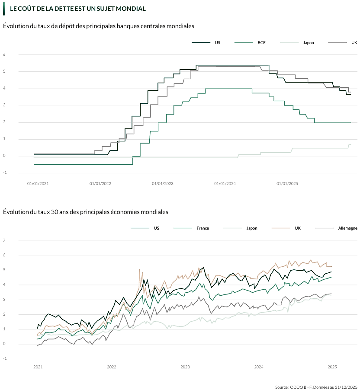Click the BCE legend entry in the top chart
point(261,43)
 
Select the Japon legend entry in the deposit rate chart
point(309,43)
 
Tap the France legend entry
point(202,228)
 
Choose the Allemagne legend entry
point(347,228)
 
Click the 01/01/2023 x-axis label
point(163,183)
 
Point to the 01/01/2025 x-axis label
point(287,183)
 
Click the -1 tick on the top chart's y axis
point(4,173)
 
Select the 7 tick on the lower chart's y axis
point(4,240)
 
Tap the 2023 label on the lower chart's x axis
point(185,368)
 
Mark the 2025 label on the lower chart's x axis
point(332,368)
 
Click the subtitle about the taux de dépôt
point(99,26)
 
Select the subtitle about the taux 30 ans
point(86,212)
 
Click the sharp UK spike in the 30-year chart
point(139,269)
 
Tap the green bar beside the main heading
point(4,9)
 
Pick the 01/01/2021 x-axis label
point(38,183)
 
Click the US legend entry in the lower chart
point(156,228)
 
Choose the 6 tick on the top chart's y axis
point(4,54)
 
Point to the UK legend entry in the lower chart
point(298,228)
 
